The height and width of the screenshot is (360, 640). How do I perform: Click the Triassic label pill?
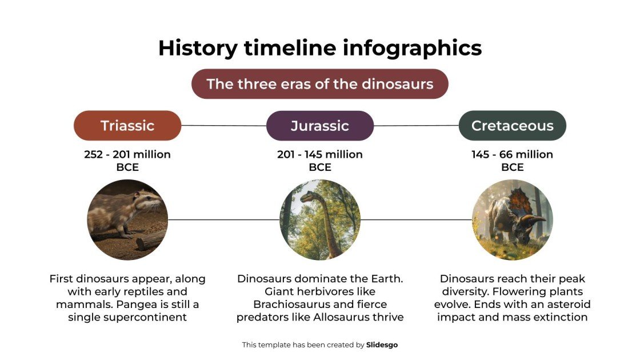(x=127, y=126)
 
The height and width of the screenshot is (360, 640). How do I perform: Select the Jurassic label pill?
(x=319, y=126)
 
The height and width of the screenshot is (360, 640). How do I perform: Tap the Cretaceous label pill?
(x=512, y=126)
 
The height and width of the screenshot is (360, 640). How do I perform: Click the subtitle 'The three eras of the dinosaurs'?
(x=319, y=84)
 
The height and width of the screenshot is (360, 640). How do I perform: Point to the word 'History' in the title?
(x=197, y=48)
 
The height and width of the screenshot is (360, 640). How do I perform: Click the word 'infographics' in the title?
(x=411, y=48)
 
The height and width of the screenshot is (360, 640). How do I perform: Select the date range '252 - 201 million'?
(x=127, y=154)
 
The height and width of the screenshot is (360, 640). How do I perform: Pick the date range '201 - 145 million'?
(x=319, y=154)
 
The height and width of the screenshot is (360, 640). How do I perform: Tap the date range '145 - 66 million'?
(x=512, y=154)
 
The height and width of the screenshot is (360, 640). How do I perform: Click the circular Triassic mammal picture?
(x=127, y=219)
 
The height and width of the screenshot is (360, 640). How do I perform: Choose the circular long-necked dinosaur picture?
(x=319, y=219)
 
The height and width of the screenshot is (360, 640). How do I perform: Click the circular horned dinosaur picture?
(x=512, y=219)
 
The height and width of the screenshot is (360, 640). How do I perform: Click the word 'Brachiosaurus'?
(x=291, y=304)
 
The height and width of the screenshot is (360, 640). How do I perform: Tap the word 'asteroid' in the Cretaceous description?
(x=566, y=304)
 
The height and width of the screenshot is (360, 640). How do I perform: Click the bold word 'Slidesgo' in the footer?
(x=382, y=345)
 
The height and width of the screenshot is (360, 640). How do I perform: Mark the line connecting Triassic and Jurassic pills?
(x=223, y=125)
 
